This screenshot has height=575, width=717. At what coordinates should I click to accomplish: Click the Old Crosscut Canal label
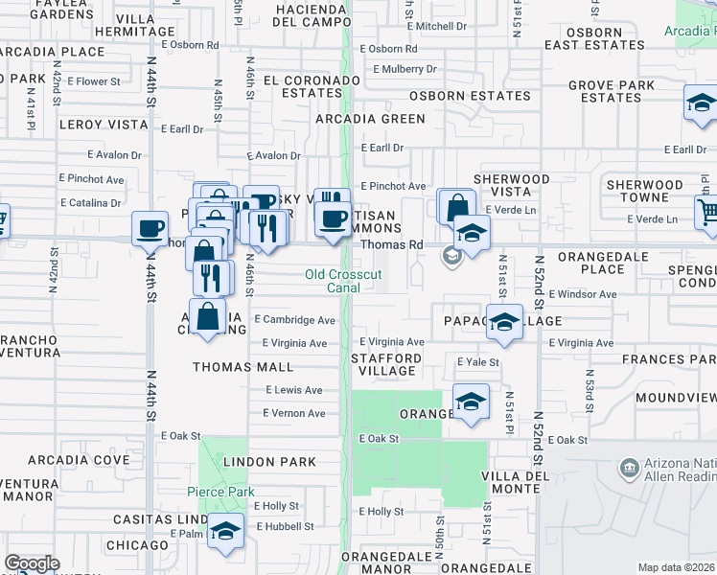[343, 281]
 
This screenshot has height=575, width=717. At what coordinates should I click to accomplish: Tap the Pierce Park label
[220, 492]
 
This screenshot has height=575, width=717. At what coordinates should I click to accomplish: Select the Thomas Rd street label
[391, 244]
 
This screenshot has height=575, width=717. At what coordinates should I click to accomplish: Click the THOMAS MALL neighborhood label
[243, 366]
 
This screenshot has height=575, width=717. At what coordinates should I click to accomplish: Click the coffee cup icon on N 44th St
[150, 229]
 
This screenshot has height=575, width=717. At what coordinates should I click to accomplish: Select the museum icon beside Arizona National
[630, 469]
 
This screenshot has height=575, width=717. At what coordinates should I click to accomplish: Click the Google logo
[32, 563]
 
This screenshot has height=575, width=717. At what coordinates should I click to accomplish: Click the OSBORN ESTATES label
[470, 96]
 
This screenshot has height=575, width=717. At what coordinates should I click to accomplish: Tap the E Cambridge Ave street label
[295, 320]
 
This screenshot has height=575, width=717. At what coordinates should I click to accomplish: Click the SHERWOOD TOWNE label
[644, 191]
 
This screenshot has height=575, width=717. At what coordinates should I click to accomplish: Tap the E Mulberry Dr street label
[405, 69]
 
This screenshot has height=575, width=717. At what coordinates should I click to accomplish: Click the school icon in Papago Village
[504, 322]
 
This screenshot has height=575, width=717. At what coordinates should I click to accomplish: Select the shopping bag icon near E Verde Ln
[457, 206]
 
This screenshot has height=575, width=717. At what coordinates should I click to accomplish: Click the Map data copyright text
[677, 567]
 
